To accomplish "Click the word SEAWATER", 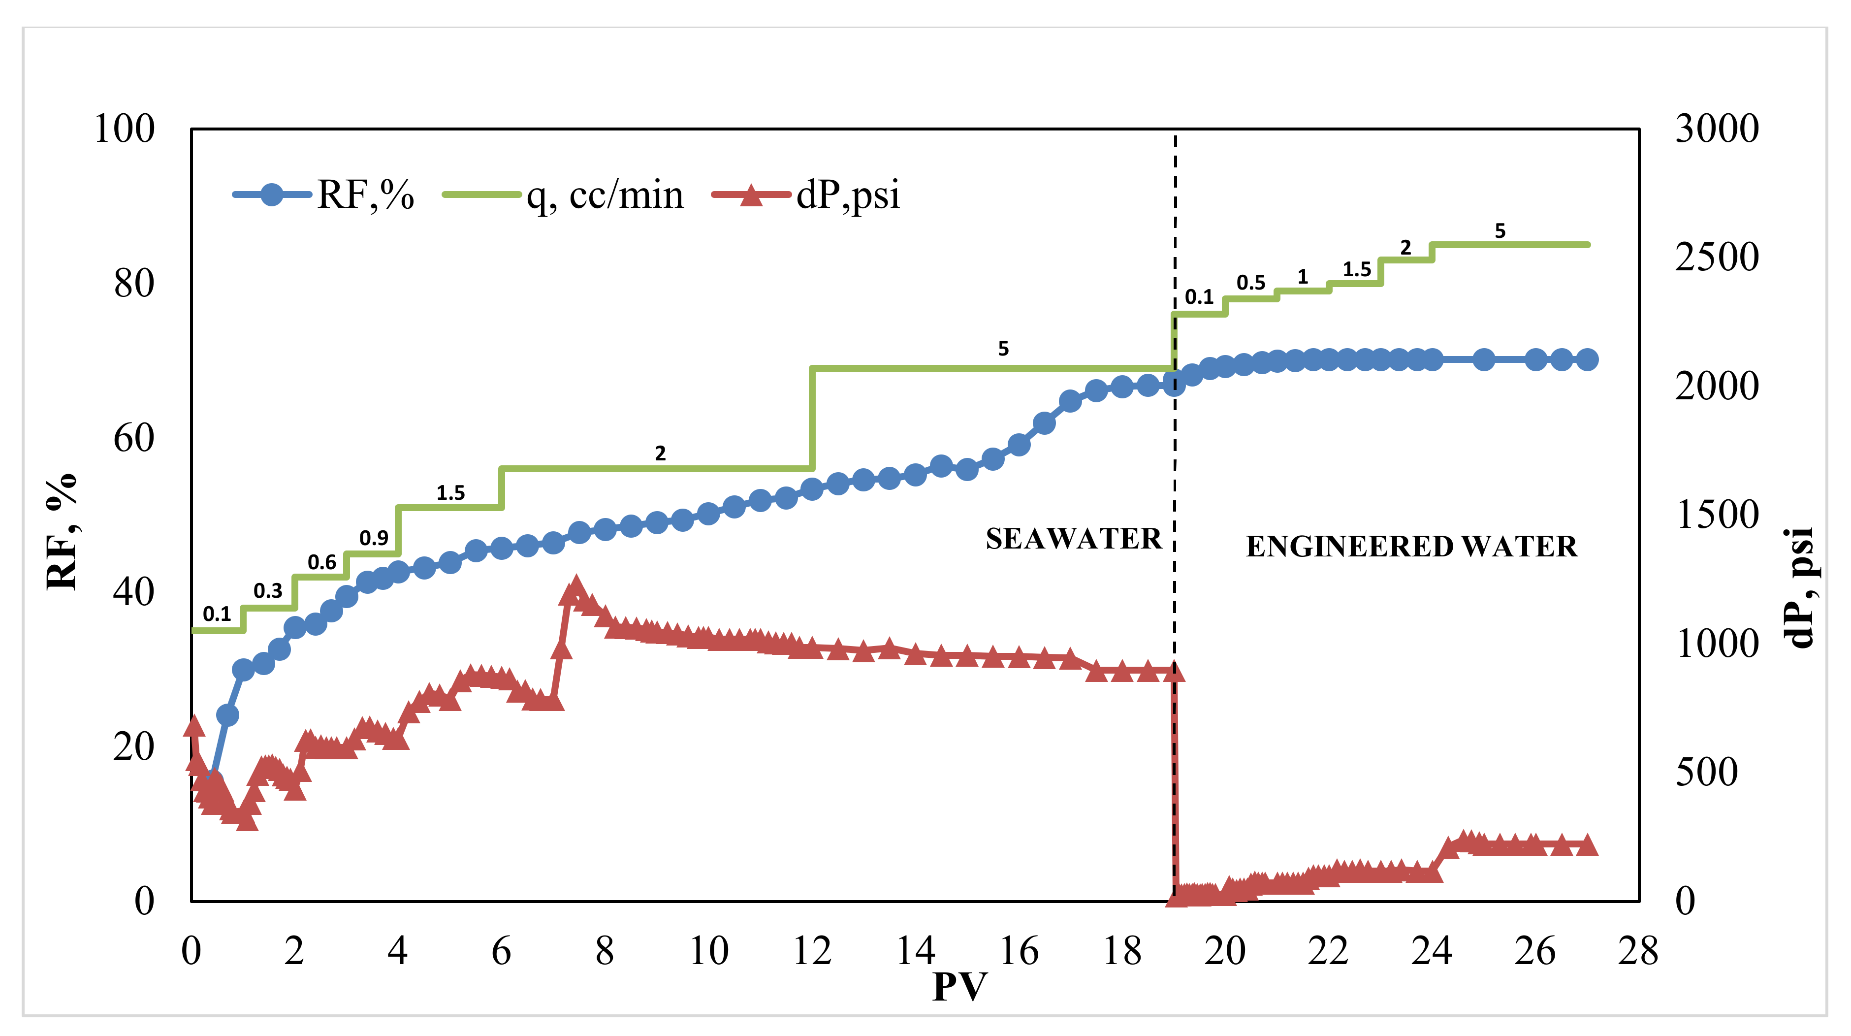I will [x=1073, y=539].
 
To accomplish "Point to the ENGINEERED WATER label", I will [x=1411, y=547].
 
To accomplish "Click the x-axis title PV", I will [x=959, y=986].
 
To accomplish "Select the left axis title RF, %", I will [x=62, y=532].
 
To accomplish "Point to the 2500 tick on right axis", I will [x=1717, y=258].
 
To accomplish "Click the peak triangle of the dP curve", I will [x=575, y=584].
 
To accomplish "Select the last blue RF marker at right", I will [x=1587, y=359].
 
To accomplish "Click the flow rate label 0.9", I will [x=374, y=538].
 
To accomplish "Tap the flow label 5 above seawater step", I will [x=1003, y=349].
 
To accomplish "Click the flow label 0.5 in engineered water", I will [x=1250, y=283].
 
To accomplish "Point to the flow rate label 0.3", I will [x=267, y=590].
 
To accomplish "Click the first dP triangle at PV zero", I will [x=193, y=727].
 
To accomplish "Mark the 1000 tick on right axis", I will [x=1717, y=644].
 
